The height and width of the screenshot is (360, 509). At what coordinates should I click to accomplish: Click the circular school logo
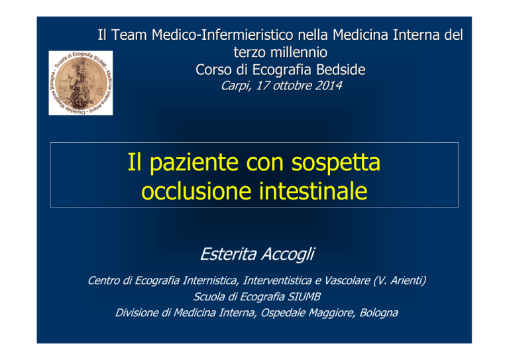click(x=81, y=83)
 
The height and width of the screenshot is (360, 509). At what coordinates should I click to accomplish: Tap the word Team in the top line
click(x=129, y=35)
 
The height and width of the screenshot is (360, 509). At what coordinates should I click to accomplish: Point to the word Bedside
click(x=341, y=70)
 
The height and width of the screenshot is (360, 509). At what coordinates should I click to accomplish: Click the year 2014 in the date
click(x=328, y=86)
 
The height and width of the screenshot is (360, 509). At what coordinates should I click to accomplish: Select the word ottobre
click(x=292, y=86)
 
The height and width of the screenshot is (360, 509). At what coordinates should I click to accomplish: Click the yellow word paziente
click(x=194, y=163)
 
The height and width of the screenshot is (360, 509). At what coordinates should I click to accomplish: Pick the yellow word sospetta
click(x=335, y=163)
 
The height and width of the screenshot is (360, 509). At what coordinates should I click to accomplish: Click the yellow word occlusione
click(x=196, y=191)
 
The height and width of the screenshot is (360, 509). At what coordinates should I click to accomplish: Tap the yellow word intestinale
click(x=313, y=191)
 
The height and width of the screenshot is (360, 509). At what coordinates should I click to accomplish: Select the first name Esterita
click(x=228, y=254)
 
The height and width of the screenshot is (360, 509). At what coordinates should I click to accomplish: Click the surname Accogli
click(x=288, y=254)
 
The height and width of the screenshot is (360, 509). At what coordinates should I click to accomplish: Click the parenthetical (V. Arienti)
click(x=400, y=280)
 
